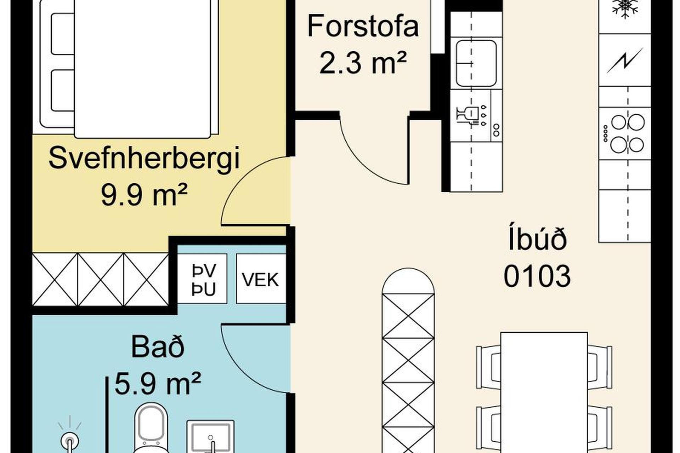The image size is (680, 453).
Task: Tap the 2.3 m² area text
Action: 362,63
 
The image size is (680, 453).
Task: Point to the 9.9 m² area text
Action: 144,195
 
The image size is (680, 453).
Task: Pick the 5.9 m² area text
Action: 158,383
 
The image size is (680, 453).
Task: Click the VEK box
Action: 261,279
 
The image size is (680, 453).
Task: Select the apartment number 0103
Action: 537,276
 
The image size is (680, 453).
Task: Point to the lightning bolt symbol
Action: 624,61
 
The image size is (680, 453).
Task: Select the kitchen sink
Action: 476,63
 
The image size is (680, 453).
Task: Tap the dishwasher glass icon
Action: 465,115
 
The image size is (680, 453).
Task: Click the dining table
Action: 544,392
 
